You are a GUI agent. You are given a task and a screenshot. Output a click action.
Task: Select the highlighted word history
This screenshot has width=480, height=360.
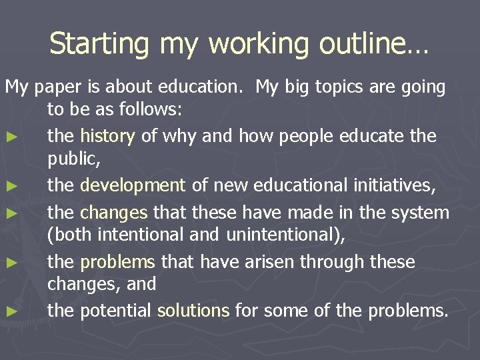click(107, 136)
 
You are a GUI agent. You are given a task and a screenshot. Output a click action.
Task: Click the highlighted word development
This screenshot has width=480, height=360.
click(133, 185)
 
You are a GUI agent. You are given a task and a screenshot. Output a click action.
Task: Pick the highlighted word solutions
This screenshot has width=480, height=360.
click(193, 309)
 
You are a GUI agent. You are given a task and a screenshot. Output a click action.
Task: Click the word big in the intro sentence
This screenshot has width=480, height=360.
click(307, 87)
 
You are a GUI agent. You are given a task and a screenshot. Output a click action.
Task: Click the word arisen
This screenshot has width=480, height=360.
click(267, 262)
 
